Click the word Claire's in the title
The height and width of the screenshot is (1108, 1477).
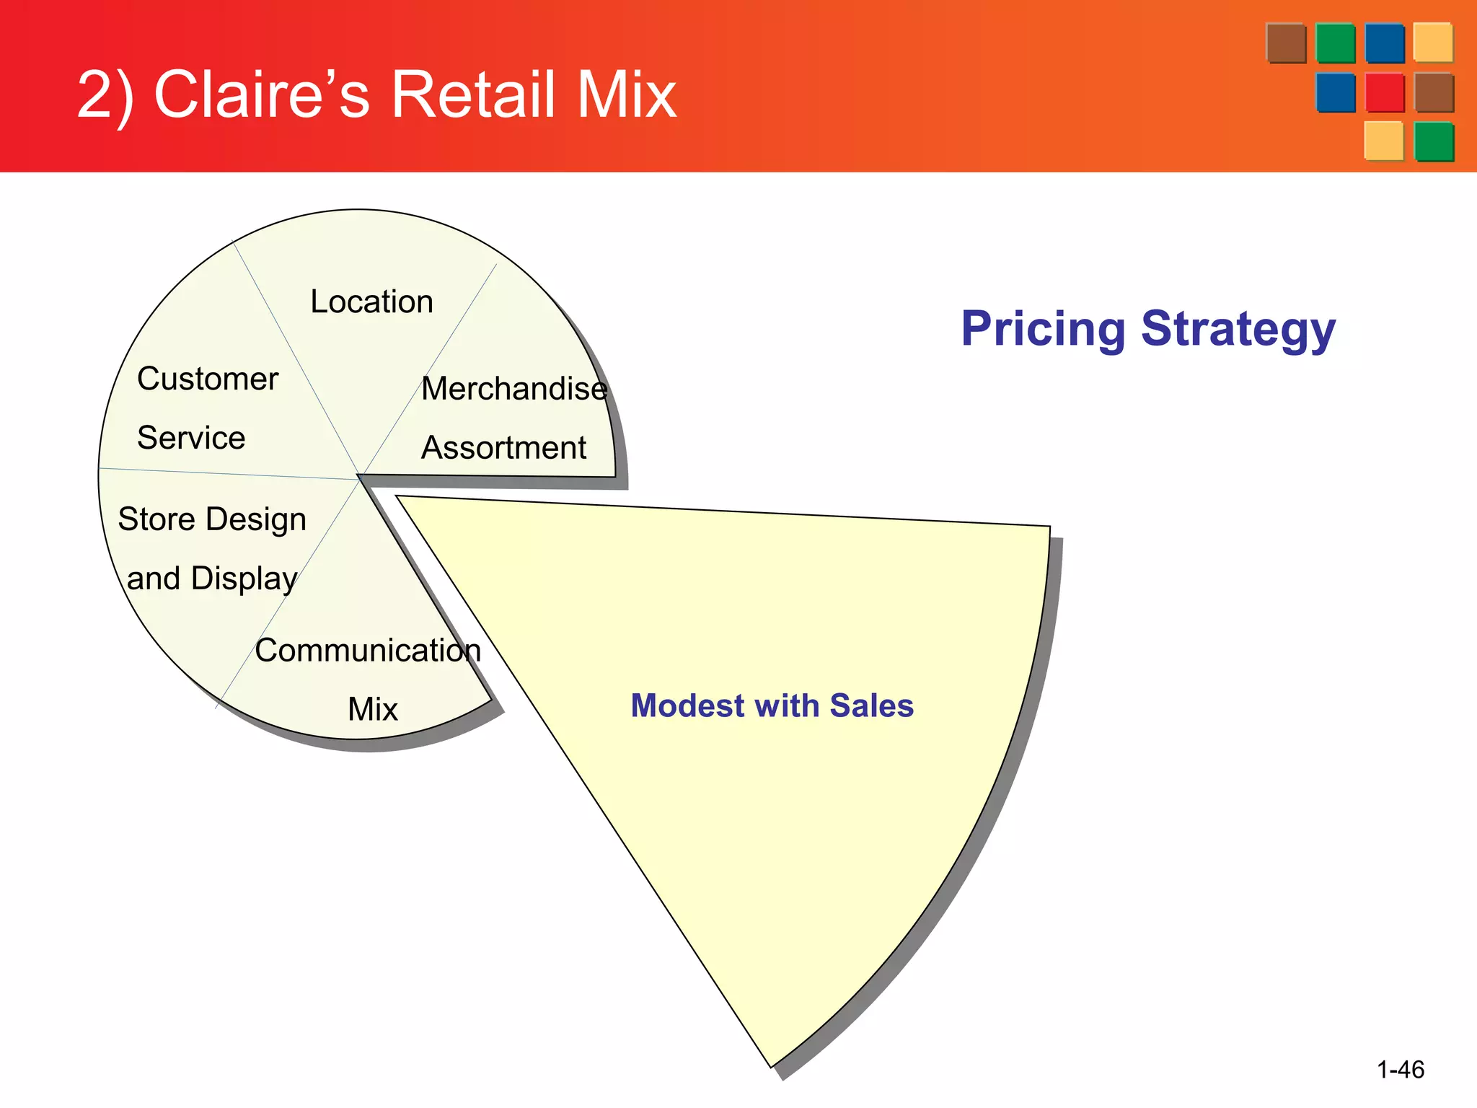(x=261, y=94)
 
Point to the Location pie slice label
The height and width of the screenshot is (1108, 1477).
(x=371, y=302)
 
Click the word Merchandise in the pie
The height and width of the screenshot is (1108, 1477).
(x=514, y=389)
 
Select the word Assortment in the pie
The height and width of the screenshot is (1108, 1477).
(x=503, y=448)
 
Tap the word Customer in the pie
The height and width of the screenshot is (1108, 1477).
(x=208, y=379)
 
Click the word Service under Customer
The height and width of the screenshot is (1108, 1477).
(x=191, y=438)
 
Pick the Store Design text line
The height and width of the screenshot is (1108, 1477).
(x=212, y=519)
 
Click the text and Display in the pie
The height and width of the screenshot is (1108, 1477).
(x=212, y=579)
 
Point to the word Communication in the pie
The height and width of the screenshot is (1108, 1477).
(x=368, y=651)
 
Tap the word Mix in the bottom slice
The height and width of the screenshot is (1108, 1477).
(x=372, y=709)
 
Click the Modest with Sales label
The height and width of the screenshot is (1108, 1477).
(x=772, y=705)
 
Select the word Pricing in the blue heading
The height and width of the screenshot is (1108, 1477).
(x=1042, y=329)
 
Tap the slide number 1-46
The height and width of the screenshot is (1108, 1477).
(x=1400, y=1069)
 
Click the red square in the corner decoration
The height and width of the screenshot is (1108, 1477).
(x=1384, y=92)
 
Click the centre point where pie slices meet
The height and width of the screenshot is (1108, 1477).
(x=358, y=478)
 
